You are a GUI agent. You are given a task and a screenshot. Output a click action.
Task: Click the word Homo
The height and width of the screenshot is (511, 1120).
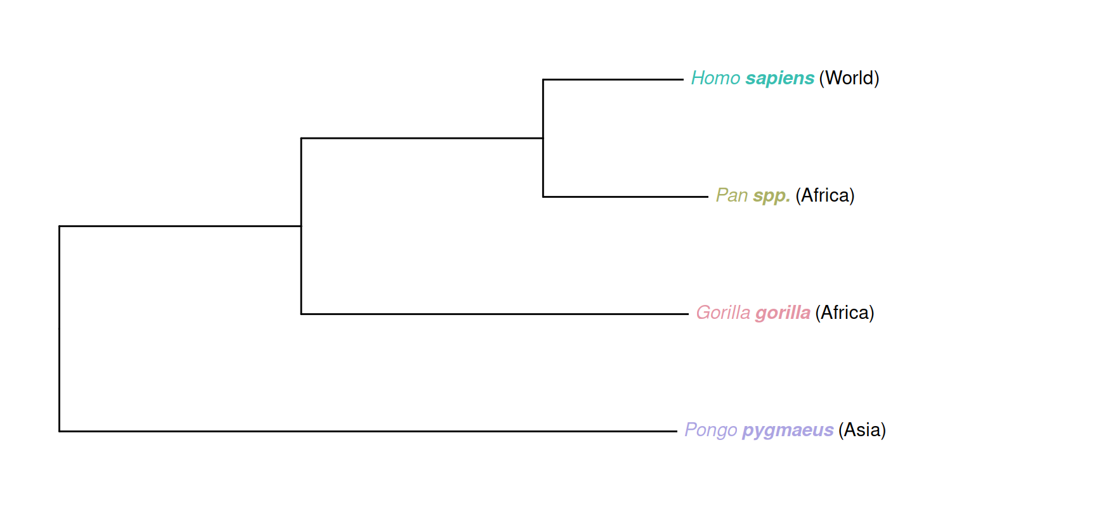coord(715,78)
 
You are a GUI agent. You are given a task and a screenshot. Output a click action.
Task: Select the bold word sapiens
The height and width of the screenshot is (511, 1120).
coord(779,78)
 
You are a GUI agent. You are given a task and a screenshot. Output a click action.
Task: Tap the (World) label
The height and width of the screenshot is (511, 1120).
coord(849,78)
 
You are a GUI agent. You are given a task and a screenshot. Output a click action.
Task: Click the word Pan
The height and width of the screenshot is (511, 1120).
coord(732,195)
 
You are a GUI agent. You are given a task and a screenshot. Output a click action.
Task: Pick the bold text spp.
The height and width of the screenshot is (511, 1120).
coord(771,196)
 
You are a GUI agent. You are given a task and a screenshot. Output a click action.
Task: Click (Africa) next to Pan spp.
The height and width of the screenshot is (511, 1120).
coord(824,195)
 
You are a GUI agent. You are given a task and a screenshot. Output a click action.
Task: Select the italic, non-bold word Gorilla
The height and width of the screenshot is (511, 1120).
coord(723,313)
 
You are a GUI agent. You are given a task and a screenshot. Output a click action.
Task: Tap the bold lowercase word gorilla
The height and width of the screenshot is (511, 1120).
coord(783,313)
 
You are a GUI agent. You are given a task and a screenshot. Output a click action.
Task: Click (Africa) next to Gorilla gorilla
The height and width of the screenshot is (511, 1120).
coord(844,313)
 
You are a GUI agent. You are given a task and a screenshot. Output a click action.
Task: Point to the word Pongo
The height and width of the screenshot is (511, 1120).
coord(710,430)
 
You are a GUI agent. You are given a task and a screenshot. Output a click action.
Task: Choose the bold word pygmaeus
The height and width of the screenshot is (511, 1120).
coord(788,430)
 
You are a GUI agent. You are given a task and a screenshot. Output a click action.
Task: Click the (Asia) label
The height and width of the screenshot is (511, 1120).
coord(862,430)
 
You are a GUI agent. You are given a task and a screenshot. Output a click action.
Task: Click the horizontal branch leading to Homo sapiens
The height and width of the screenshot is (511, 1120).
coord(613,80)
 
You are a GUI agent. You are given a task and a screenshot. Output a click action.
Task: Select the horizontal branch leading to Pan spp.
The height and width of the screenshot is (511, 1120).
coord(625,197)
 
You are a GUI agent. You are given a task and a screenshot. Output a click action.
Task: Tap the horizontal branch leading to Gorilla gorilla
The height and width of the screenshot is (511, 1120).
coord(495,314)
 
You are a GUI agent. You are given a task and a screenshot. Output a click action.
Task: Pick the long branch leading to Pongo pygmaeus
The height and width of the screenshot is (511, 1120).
coord(368,431)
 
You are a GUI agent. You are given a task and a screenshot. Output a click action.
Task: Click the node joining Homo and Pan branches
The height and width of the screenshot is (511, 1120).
coord(543,138)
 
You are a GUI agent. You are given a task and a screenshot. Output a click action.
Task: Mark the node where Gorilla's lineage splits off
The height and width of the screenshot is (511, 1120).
coord(301,226)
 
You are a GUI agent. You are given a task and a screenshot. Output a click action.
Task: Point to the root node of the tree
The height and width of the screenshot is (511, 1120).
coord(60,328)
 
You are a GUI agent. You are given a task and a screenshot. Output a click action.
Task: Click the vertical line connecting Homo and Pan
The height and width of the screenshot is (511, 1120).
coord(543,168)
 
